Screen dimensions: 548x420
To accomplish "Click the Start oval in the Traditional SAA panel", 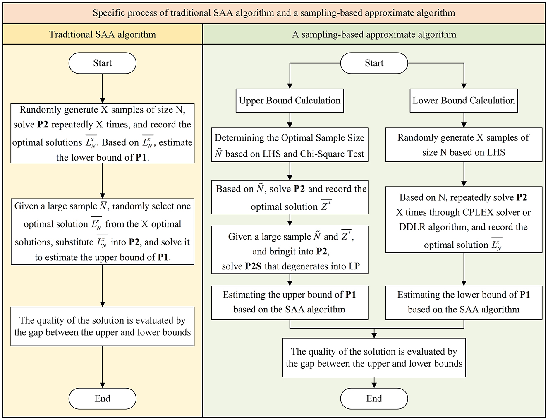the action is (x=103, y=63).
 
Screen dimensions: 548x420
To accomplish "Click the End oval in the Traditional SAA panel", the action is (x=103, y=398).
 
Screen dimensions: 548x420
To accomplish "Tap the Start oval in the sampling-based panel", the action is (x=374, y=63).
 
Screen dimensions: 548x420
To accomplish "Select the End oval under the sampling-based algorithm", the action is (x=374, y=398).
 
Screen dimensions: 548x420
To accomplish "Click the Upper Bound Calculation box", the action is (x=290, y=101).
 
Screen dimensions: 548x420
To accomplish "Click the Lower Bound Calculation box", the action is (x=464, y=101).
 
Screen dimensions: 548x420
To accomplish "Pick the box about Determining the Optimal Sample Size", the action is (x=290, y=145).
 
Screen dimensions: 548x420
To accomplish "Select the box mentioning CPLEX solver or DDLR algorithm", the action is (x=464, y=220).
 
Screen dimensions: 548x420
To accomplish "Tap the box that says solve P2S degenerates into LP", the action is (x=290, y=250).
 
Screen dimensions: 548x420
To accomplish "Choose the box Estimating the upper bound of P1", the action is (x=290, y=303).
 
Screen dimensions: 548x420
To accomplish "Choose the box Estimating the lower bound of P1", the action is (x=464, y=303).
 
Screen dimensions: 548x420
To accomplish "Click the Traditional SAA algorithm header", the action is (x=103, y=34).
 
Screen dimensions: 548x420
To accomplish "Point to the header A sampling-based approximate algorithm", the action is (x=374, y=34).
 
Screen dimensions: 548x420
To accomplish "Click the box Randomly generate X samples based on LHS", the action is (x=464, y=145).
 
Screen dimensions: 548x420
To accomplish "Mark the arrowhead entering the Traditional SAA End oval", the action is (x=103, y=385).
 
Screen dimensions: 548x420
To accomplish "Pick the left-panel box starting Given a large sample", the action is (x=103, y=232).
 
